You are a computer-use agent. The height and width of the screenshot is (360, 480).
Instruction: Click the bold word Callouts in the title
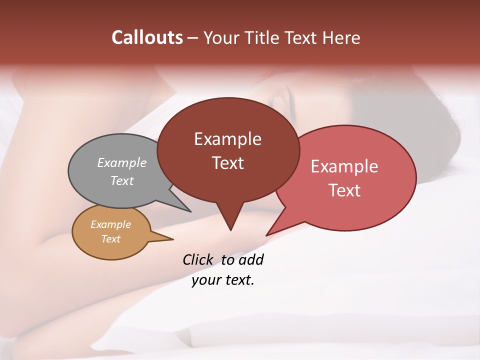[x=147, y=37]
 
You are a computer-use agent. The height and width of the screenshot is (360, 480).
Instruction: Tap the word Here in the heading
[x=341, y=37]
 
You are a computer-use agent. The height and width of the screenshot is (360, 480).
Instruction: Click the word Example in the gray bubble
[x=122, y=162]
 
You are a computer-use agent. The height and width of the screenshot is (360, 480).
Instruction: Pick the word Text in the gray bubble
[x=122, y=180]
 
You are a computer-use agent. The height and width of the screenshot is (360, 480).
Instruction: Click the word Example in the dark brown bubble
[x=227, y=139]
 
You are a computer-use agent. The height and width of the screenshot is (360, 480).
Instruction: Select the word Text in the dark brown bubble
[x=227, y=162]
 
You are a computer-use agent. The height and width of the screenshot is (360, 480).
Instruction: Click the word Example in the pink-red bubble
[x=344, y=166]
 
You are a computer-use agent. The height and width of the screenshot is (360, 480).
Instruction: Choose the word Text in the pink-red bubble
[x=344, y=190]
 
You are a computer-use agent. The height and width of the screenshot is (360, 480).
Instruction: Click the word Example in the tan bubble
[x=110, y=224]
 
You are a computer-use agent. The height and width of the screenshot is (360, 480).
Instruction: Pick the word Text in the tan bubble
[x=110, y=239]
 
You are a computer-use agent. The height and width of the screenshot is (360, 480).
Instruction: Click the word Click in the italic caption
[x=198, y=259]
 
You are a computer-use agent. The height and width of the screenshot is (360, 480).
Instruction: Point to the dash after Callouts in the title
[x=193, y=38]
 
